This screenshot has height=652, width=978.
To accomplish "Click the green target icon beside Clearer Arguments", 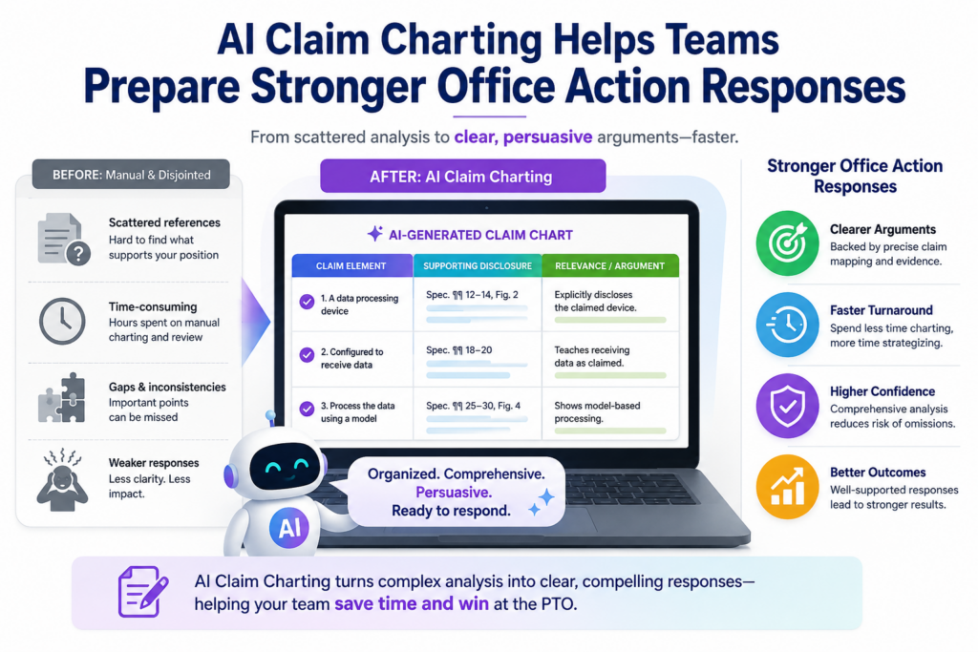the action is [x=787, y=243].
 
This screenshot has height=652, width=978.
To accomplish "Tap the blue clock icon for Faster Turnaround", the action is [x=787, y=325].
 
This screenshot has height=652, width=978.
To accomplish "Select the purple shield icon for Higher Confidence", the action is [x=787, y=406].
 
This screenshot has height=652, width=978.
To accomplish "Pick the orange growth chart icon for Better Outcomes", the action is [x=787, y=487].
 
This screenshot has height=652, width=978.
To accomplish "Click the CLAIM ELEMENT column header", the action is [x=351, y=265].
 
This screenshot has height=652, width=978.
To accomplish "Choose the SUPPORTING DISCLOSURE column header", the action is [x=478, y=265].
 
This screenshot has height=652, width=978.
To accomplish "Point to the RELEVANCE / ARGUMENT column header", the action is [x=610, y=265].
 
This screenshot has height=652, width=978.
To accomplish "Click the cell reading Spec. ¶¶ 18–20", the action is [x=478, y=359].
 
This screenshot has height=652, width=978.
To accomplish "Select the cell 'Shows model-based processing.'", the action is [x=610, y=413].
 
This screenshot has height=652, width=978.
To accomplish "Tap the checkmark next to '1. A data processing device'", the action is [x=307, y=302].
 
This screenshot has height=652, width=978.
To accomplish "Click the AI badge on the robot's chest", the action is [x=288, y=528].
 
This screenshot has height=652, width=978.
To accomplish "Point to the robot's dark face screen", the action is [x=285, y=466].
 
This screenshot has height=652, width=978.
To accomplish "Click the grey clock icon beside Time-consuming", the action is [x=62, y=321].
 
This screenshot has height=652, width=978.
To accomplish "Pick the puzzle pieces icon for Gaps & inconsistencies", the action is [x=62, y=399].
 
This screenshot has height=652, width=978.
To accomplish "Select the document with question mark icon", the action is [x=63, y=240].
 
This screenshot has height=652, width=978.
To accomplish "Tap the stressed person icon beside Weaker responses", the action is [x=62, y=480].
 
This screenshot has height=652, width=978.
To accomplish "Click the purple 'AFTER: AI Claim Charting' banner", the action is [x=463, y=177].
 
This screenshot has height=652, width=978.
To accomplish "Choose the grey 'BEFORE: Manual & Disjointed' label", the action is [x=131, y=175].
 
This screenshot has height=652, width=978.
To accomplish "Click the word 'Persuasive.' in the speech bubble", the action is [x=454, y=493].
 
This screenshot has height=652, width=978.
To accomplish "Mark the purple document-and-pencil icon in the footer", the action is [x=143, y=592].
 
